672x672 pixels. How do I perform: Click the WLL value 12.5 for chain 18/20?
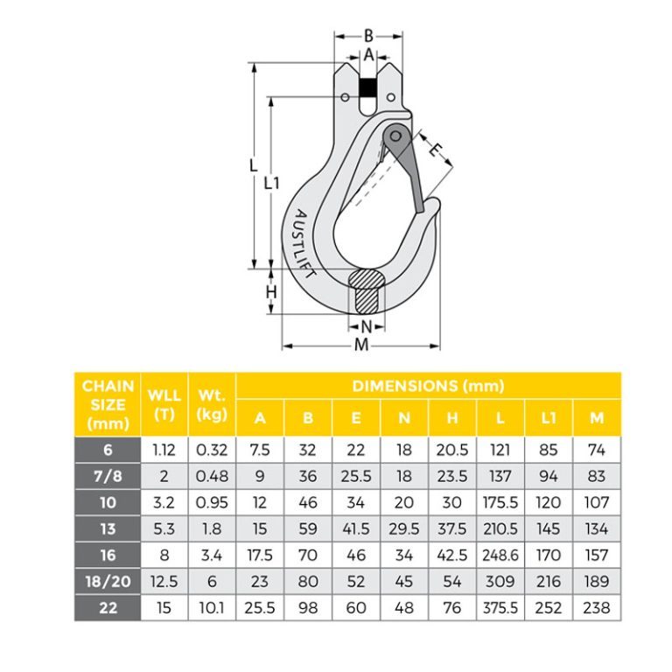click(x=164, y=583)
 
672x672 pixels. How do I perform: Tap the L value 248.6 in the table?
click(x=500, y=556)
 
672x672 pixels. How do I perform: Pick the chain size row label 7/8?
click(x=108, y=477)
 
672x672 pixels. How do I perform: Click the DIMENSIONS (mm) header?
click(x=428, y=386)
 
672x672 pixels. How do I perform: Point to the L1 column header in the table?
click(x=548, y=418)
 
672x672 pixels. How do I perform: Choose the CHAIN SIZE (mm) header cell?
click(x=108, y=404)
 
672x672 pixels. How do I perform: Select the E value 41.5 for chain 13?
click(x=356, y=529)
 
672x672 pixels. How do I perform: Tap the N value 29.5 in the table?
click(x=404, y=529)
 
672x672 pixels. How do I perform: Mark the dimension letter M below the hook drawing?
click(x=361, y=346)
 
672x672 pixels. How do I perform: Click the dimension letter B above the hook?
click(x=368, y=36)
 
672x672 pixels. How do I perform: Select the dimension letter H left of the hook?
click(x=271, y=292)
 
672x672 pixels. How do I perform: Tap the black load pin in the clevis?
click(x=368, y=87)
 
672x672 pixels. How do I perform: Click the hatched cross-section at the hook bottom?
click(x=366, y=290)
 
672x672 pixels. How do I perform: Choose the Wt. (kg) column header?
click(x=212, y=404)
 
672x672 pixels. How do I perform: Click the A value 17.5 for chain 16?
click(x=260, y=556)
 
